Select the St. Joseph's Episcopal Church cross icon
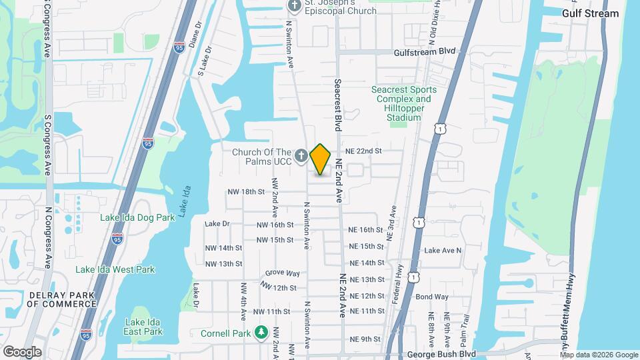point(294,6)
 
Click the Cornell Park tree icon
point(261,333)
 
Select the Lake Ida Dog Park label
point(137,217)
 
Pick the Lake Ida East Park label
point(143,327)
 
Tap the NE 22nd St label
point(363,151)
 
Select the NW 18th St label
point(246,191)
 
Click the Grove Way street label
point(282,273)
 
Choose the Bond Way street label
point(431,297)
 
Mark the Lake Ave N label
point(443,250)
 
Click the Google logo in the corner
point(22,351)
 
